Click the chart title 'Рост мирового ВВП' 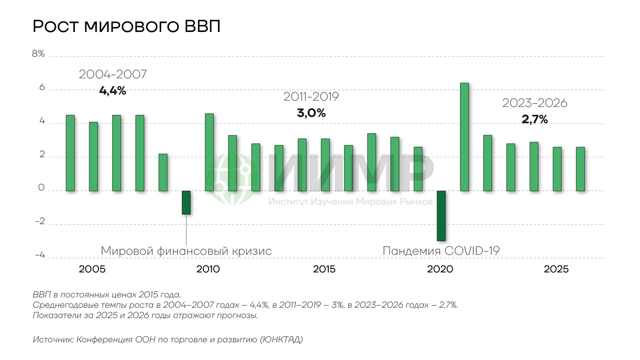pos(127,26)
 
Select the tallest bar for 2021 pos(464,137)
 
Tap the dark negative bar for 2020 pos(441,216)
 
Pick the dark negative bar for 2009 pos(186,202)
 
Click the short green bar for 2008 pos(163,173)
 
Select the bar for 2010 pos(209,152)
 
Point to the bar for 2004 pos(70,153)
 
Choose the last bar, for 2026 pos(580,169)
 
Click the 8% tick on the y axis pos(38,54)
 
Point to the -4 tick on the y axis pos(40,255)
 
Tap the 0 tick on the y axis pos(41,188)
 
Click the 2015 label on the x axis pos(324,269)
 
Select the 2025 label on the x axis pos(556,269)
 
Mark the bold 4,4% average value pos(113,91)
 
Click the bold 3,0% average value pos(311,113)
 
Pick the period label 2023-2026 pos(535,103)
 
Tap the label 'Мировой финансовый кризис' pos(186,251)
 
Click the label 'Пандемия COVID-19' pos(441,251)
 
